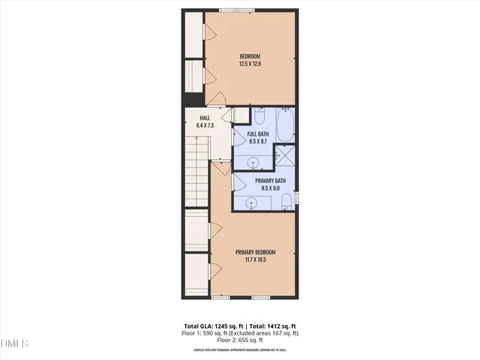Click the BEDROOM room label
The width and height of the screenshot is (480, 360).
tap(250, 57)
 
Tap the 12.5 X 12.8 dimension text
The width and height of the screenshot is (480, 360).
tap(250, 64)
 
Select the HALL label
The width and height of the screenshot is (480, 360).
tap(205, 118)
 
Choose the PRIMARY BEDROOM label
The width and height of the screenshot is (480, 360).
tap(255, 252)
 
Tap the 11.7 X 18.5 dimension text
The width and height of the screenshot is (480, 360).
tap(255, 260)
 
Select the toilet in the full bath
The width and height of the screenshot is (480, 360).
tap(259, 117)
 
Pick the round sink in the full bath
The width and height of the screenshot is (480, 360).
tap(253, 161)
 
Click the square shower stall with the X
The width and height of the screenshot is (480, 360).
tap(286, 155)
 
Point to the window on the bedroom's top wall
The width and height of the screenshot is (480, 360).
tap(234, 10)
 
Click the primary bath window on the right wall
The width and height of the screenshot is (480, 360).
tap(297, 197)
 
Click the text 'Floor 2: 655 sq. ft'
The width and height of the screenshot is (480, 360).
tap(239, 340)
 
